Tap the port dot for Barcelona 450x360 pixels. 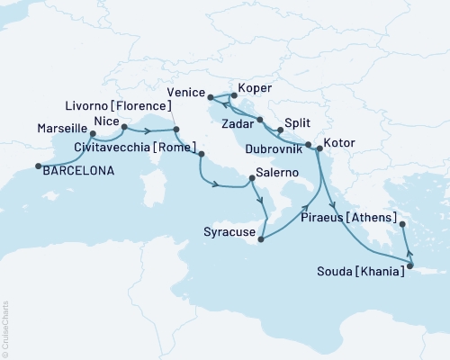coord(38,166)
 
